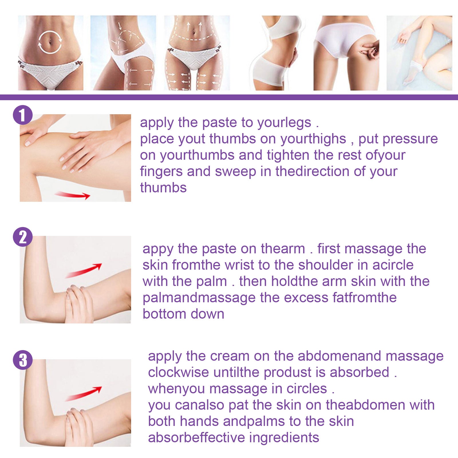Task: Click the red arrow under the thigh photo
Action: click(73, 195)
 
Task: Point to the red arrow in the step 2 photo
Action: click(84, 270)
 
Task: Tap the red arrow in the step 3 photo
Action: click(84, 394)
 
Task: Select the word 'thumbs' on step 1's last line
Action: click(163, 188)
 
